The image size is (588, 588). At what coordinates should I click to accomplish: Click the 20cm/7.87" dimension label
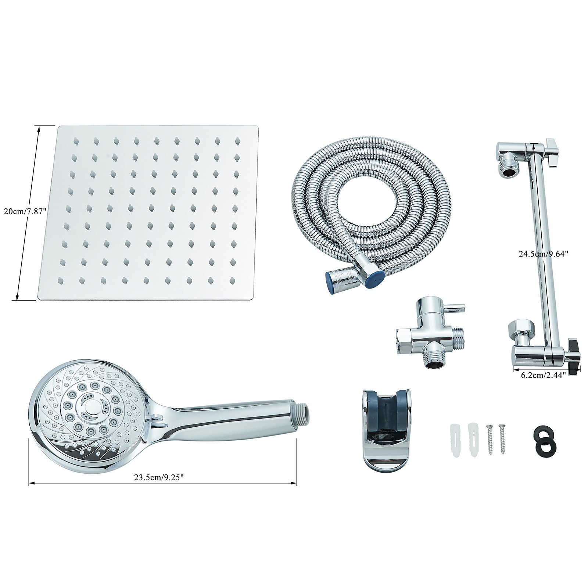coord(25,211)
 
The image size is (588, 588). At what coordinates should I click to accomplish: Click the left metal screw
coord(490,439)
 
